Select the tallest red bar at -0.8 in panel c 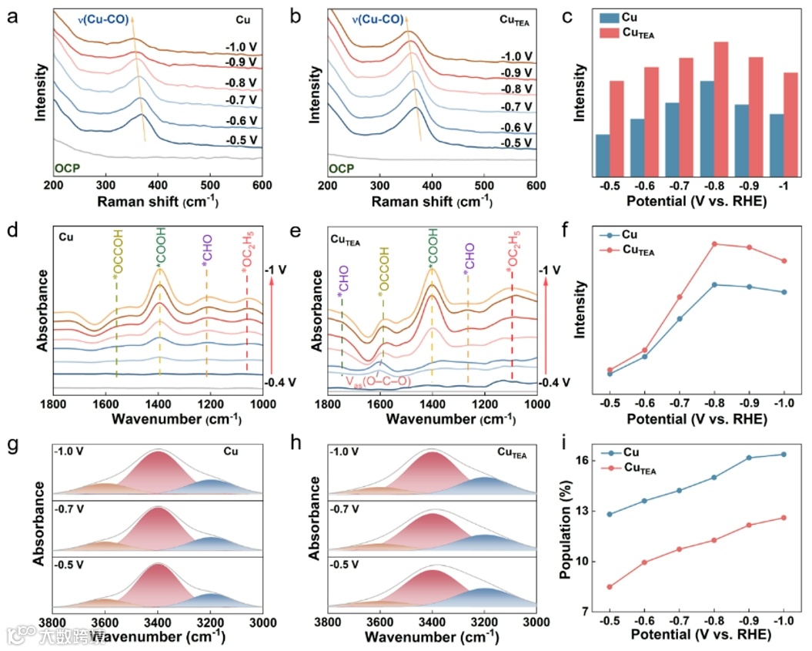tap(720, 108)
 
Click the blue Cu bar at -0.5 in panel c tap(602, 154)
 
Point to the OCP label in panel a tap(68, 167)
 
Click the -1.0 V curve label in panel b tap(516, 56)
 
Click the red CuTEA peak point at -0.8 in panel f tap(714, 244)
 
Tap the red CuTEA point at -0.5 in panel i tap(610, 587)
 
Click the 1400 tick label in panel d tap(158, 404)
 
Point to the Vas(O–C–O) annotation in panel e tap(377, 381)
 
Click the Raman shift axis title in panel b tap(432, 202)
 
